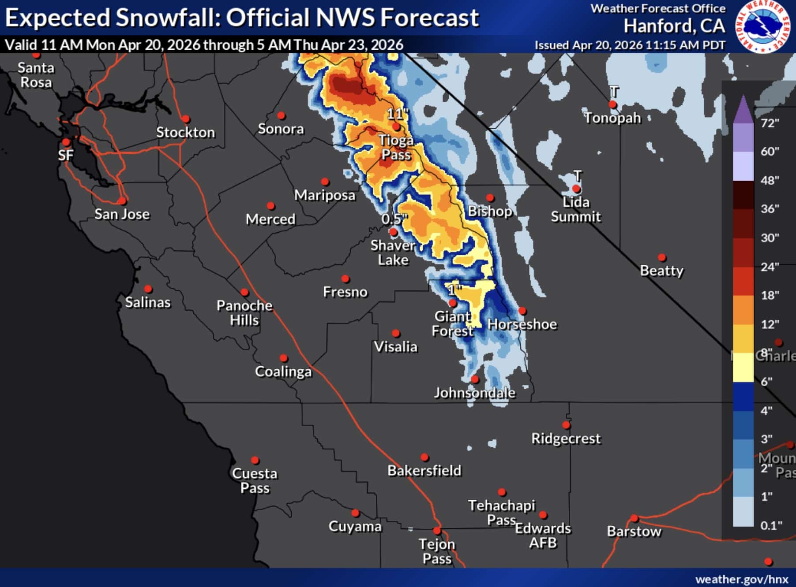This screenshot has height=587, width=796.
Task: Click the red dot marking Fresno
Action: click(345, 279)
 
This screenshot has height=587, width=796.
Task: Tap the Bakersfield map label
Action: click(424, 471)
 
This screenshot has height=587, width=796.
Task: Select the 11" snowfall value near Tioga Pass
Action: click(397, 114)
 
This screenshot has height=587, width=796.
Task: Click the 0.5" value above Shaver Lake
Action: click(394, 219)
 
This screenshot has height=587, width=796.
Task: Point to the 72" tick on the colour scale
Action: click(770, 123)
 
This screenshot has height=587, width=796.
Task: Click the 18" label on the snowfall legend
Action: click(770, 295)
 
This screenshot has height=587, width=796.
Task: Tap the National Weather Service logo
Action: click(762, 26)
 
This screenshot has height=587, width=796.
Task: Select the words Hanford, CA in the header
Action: click(674, 26)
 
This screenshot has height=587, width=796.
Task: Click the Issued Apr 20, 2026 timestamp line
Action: click(630, 45)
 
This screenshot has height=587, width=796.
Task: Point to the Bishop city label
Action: click(490, 212)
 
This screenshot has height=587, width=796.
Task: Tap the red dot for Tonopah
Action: click(612, 104)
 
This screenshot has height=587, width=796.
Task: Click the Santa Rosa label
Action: click(36, 75)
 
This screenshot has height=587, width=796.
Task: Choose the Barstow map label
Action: click(634, 531)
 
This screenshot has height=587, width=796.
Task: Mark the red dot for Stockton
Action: click(186, 119)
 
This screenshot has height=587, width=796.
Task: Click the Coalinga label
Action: click(283, 372)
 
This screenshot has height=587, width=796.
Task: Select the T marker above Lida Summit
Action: click(578, 176)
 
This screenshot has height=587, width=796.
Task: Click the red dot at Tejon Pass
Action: click(437, 531)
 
